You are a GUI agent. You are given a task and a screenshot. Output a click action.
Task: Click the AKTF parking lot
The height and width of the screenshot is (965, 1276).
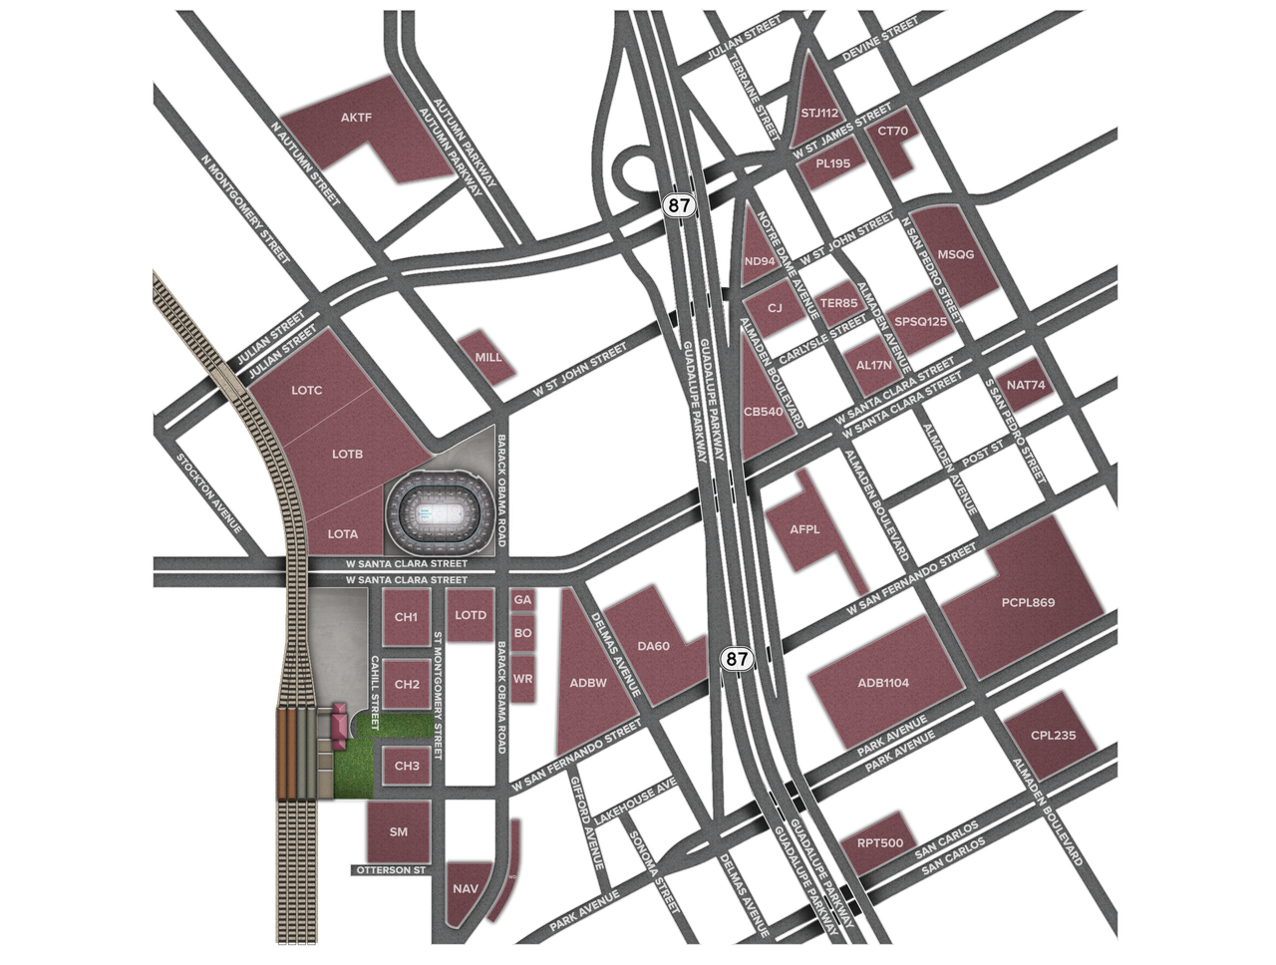coord(356,119)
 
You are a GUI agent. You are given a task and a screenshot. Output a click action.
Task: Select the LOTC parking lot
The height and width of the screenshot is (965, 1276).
coord(307,390)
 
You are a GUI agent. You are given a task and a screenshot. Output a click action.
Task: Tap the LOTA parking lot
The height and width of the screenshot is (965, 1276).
coord(343,534)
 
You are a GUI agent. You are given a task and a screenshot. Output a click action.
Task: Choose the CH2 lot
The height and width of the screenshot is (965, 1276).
coord(407,685)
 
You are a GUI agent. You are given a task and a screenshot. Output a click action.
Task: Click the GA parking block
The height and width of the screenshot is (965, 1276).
coord(522,600)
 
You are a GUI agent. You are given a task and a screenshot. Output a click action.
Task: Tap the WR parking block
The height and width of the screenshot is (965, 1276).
coord(522,679)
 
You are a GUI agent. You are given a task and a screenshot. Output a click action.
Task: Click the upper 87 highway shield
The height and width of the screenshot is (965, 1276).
coord(678,205)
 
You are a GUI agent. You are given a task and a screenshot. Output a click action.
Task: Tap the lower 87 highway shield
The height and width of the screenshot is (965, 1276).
coord(735,658)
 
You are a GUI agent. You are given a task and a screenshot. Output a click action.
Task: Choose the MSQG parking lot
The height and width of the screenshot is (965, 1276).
coord(956,254)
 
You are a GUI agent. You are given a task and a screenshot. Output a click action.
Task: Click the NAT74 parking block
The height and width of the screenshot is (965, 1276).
coord(1026,385)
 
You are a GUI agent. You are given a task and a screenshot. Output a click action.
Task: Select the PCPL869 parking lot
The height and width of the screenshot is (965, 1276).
coord(1028,602)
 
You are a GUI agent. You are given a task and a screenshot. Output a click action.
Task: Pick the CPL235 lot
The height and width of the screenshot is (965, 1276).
coord(1054,736)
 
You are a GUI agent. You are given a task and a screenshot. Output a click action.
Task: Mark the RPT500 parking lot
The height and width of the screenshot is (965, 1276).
coord(880,844)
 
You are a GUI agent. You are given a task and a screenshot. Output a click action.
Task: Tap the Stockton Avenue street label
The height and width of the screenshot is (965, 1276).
coord(211,492)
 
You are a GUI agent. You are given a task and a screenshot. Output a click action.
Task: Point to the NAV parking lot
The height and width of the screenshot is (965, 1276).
coord(466,888)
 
